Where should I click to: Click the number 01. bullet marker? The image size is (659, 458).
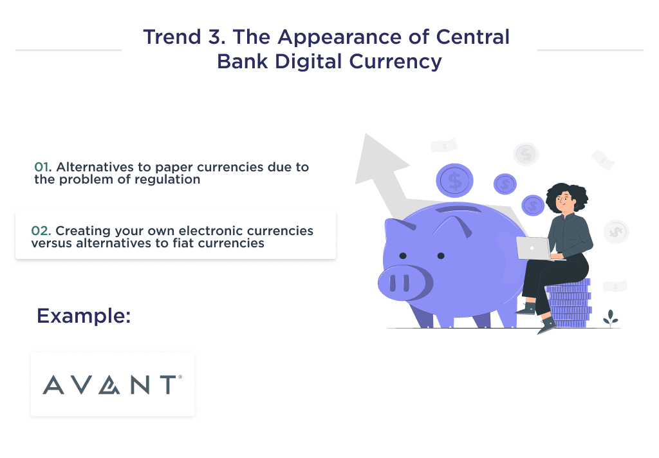pos(43,167)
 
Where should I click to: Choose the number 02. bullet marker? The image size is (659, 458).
pos(41,231)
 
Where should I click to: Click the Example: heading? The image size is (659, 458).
pos(84,316)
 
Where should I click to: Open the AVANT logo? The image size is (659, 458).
pos(113,385)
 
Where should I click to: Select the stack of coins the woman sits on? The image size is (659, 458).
pos(569,303)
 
